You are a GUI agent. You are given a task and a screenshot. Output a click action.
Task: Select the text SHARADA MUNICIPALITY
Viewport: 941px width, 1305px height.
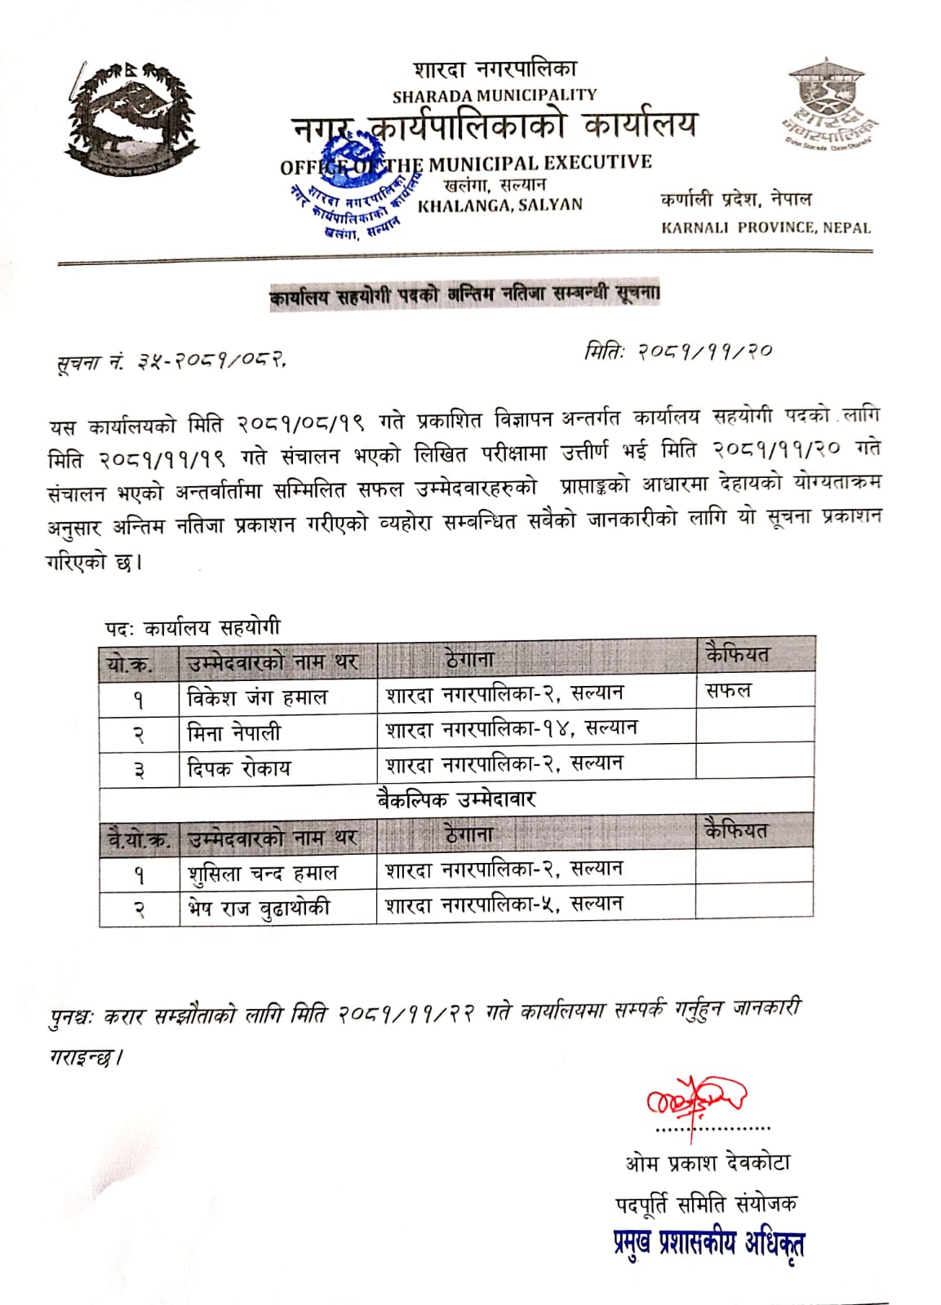coord(495,95)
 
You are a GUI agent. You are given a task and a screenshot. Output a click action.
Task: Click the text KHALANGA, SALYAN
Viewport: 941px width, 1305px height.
coord(499,205)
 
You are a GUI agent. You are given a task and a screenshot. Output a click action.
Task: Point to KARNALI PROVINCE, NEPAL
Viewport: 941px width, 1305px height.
coord(766,228)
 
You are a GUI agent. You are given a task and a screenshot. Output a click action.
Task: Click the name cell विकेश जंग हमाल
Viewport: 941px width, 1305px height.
coord(257,697)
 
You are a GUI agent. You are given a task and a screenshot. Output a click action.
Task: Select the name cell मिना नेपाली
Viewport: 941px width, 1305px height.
coord(234,732)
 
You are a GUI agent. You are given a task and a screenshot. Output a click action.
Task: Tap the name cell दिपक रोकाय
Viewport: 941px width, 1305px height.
coord(238,768)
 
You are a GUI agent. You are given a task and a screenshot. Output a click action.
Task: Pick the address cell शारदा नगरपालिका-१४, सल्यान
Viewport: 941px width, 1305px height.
coord(512,728)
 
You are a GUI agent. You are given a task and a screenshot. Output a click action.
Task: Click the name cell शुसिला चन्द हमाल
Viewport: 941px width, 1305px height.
coord(262,874)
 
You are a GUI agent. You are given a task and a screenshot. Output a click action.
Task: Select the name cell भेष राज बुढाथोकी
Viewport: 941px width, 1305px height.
coord(259,908)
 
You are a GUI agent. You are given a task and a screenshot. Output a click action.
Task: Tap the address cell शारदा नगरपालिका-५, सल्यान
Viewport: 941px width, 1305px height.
coord(504,905)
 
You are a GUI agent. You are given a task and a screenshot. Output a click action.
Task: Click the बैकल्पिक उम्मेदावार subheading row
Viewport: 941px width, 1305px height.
coord(456,798)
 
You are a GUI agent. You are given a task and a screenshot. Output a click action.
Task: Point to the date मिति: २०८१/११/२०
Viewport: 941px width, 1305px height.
coord(677,352)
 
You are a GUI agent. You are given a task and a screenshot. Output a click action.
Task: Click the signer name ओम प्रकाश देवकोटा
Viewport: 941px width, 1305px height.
coord(707,1162)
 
